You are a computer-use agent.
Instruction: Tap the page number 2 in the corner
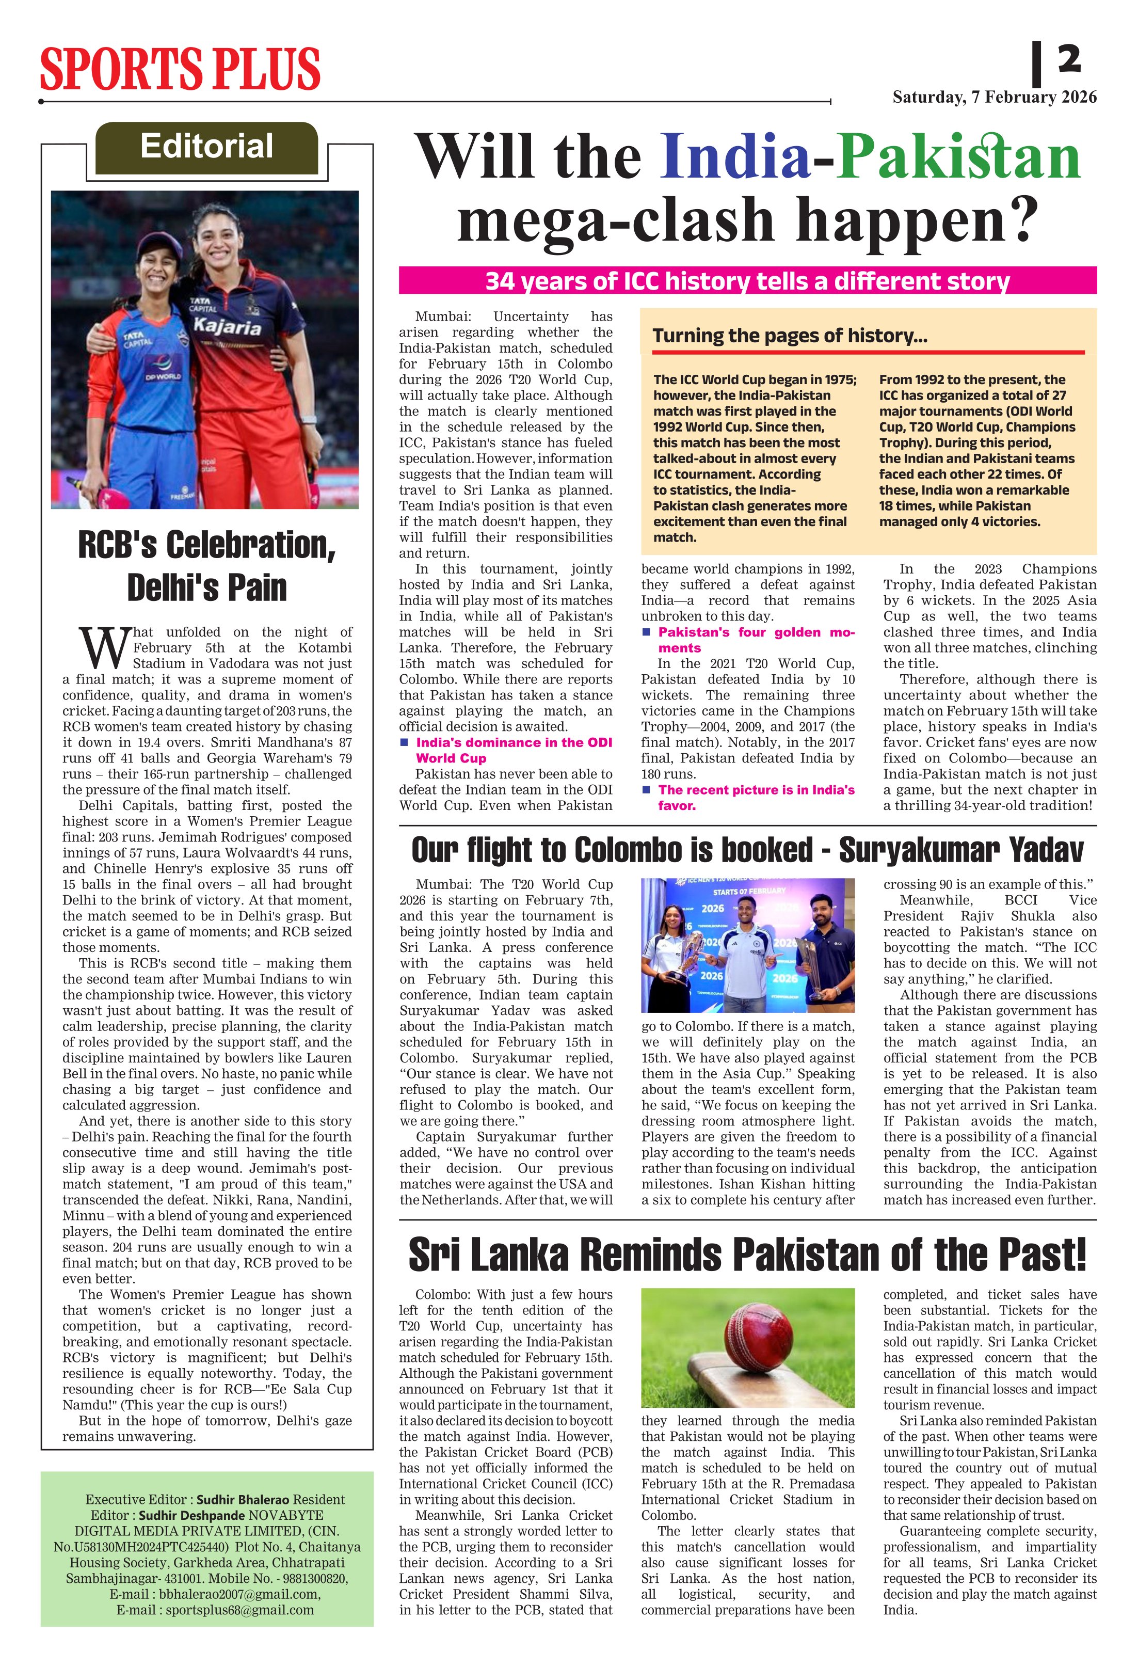coord(1068,59)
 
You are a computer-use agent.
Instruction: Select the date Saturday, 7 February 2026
coord(994,98)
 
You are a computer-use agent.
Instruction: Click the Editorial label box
coord(206,147)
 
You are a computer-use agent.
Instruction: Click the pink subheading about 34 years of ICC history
coord(747,280)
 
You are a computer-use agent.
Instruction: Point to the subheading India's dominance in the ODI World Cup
coord(514,750)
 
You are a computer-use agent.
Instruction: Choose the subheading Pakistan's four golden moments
coord(756,639)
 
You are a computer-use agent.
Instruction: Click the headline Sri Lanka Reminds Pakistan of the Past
coord(747,1255)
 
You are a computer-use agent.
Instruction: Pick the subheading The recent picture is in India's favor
coord(756,797)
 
